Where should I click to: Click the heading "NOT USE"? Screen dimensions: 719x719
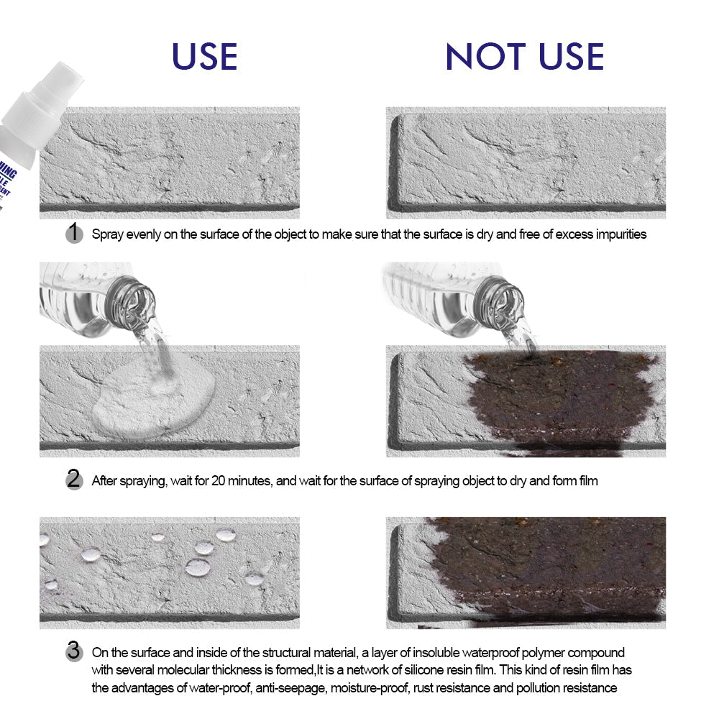(x=525, y=56)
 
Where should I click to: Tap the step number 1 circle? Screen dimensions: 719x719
(x=74, y=233)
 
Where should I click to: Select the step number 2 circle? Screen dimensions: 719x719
(x=74, y=480)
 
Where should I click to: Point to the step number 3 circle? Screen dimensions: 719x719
(x=74, y=652)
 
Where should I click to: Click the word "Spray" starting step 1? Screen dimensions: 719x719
(x=107, y=234)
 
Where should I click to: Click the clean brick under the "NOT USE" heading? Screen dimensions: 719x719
(x=526, y=162)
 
